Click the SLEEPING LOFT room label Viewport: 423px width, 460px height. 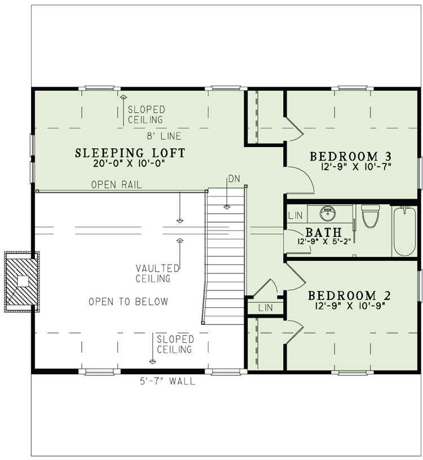pyautogui.click(x=130, y=152)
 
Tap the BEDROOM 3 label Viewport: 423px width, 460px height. pyautogui.click(x=351, y=156)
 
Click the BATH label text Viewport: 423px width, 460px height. pyautogui.click(x=323, y=232)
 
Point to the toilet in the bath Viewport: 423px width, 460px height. pyautogui.click(x=371, y=216)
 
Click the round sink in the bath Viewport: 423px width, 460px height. pyautogui.click(x=328, y=214)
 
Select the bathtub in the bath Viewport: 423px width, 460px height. pyautogui.click(x=405, y=231)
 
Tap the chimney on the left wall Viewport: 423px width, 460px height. pyautogui.click(x=21, y=281)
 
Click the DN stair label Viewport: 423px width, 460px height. pyautogui.click(x=234, y=179)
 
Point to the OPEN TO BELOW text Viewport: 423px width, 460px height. pyautogui.click(x=128, y=302)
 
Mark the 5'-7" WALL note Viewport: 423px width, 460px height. pyautogui.click(x=168, y=382)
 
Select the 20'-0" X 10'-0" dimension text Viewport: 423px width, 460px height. pyautogui.click(x=130, y=165)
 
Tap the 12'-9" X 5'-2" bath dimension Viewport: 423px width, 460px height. pyautogui.click(x=323, y=241)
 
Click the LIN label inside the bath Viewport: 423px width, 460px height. pyautogui.click(x=294, y=215)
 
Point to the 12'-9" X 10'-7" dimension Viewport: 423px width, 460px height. pyautogui.click(x=351, y=166)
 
